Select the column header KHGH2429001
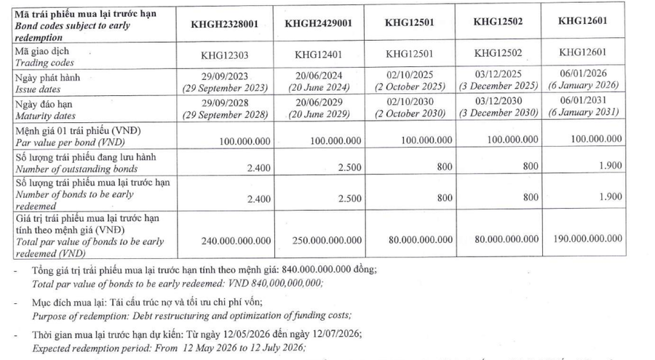318,23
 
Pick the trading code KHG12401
318,55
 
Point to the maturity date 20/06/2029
318,104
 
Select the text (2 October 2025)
410,87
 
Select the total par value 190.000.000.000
587,239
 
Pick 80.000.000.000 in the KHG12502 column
500,239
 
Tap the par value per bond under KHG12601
587,138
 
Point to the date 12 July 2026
279,347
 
